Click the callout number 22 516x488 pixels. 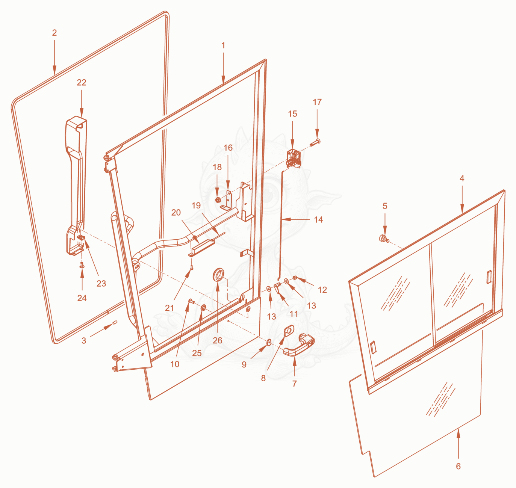pyautogui.click(x=81, y=83)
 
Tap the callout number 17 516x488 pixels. pyautogui.click(x=317, y=102)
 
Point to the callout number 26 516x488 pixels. pyautogui.click(x=217, y=340)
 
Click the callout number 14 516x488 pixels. pyautogui.click(x=318, y=220)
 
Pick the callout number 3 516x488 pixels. pyautogui.click(x=84, y=341)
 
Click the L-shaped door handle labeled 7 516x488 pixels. pyautogui.click(x=299, y=345)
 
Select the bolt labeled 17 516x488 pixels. pyautogui.click(x=315, y=142)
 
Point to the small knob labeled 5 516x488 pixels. pyautogui.click(x=384, y=239)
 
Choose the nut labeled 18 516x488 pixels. pyautogui.click(x=217, y=200)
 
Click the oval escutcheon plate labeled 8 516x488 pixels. pyautogui.click(x=289, y=331)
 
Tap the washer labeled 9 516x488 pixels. pyautogui.click(x=269, y=342)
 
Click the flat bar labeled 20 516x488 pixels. pyautogui.click(x=201, y=248)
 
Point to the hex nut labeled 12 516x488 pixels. pyautogui.click(x=295, y=278)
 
